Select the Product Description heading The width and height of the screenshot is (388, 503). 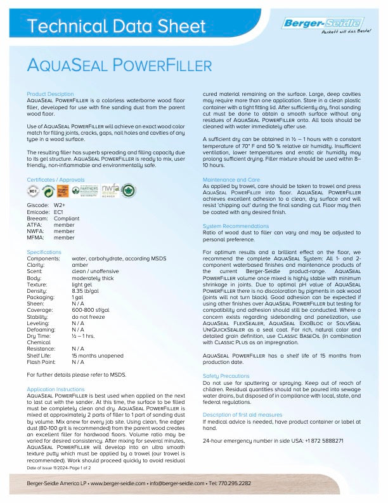point(50,93)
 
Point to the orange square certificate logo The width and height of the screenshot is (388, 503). point(64,191)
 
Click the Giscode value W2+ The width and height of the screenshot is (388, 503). point(60,206)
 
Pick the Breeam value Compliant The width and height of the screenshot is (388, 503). point(67,218)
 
